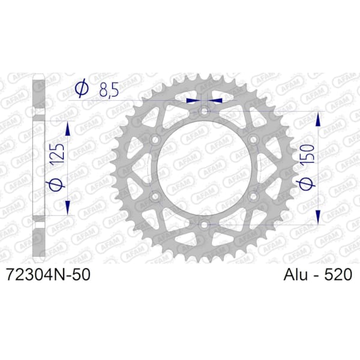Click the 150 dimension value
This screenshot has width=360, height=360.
[x=310, y=161]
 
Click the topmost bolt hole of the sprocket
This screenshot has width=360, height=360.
[x=205, y=112]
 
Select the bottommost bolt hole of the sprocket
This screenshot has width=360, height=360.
[x=205, y=224]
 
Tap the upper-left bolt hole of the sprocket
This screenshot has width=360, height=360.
[x=156, y=140]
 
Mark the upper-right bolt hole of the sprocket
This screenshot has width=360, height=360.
[x=253, y=140]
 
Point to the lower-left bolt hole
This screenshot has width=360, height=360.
[x=156, y=196]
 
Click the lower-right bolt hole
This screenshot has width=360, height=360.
[x=253, y=196]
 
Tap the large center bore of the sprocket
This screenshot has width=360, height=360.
[x=205, y=168]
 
